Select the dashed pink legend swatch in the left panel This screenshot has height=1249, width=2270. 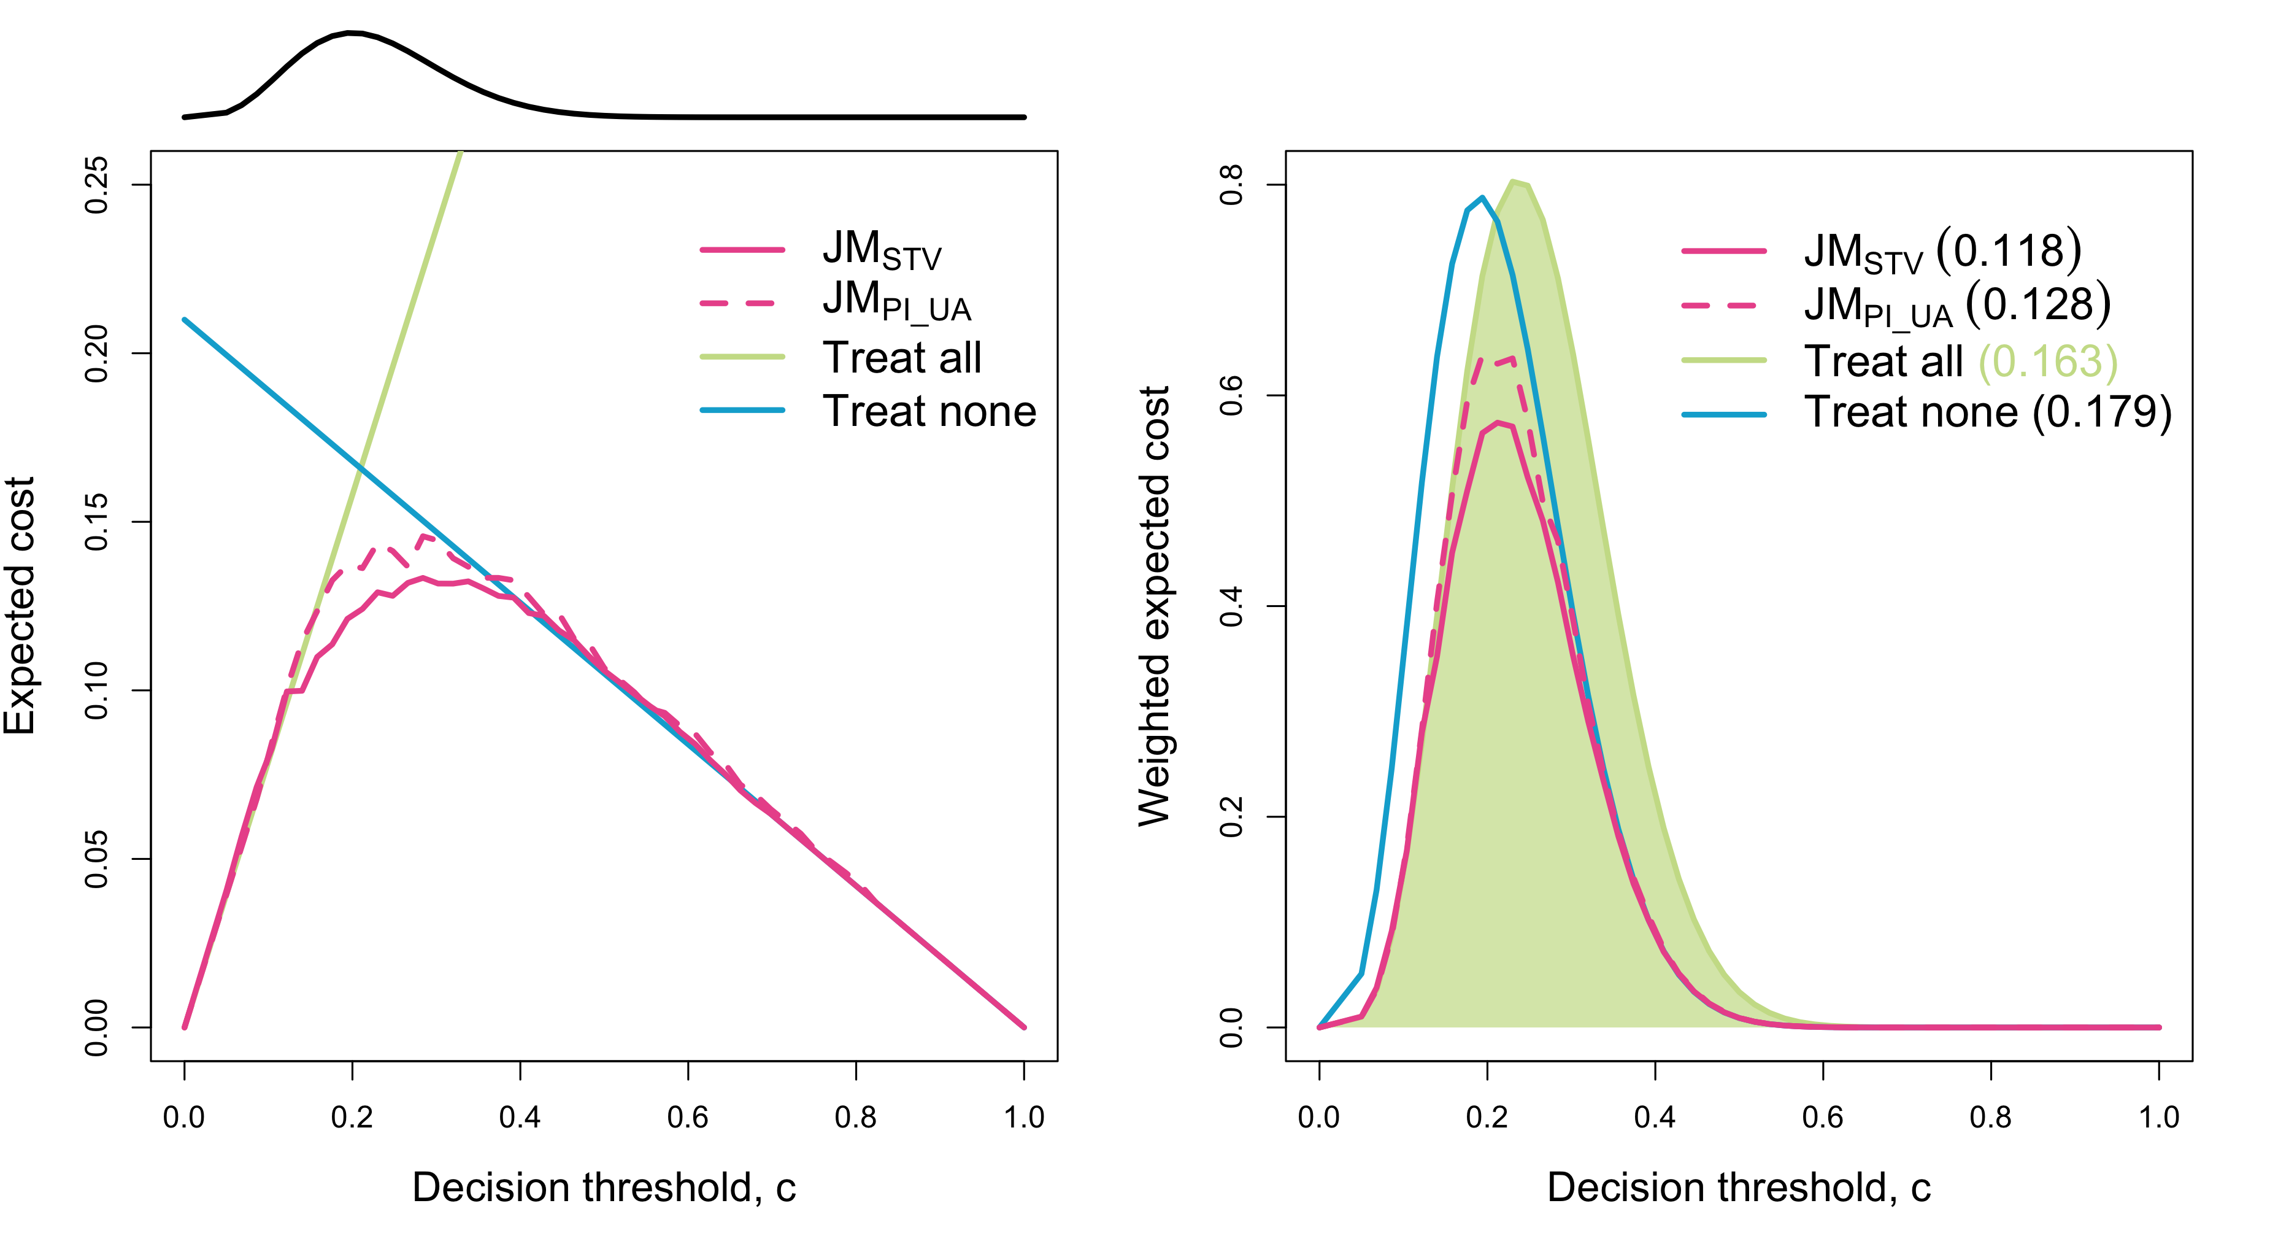pyautogui.click(x=737, y=303)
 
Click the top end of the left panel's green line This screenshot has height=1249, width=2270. pyautogui.click(x=461, y=152)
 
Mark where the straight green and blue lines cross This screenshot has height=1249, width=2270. pyautogui.click(x=360, y=465)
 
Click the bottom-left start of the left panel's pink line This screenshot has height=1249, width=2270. pyautogui.click(x=184, y=1027)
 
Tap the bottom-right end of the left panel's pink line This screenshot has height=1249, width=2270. pyautogui.click(x=1024, y=1027)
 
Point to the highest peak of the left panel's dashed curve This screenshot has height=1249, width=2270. pyautogui.click(x=425, y=535)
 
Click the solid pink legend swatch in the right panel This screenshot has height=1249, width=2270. pyautogui.click(x=1723, y=251)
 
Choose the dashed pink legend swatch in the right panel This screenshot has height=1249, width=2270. pyautogui.click(x=1718, y=305)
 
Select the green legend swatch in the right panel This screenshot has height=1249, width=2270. pyautogui.click(x=1723, y=360)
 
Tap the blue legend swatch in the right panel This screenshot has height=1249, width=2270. pyautogui.click(x=1723, y=414)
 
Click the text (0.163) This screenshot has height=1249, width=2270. pyautogui.click(x=2048, y=362)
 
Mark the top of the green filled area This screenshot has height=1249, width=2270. pyautogui.click(x=1514, y=180)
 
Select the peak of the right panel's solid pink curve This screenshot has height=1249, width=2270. pyautogui.click(x=1498, y=424)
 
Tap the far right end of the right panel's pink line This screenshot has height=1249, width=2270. pyautogui.click(x=2159, y=1027)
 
